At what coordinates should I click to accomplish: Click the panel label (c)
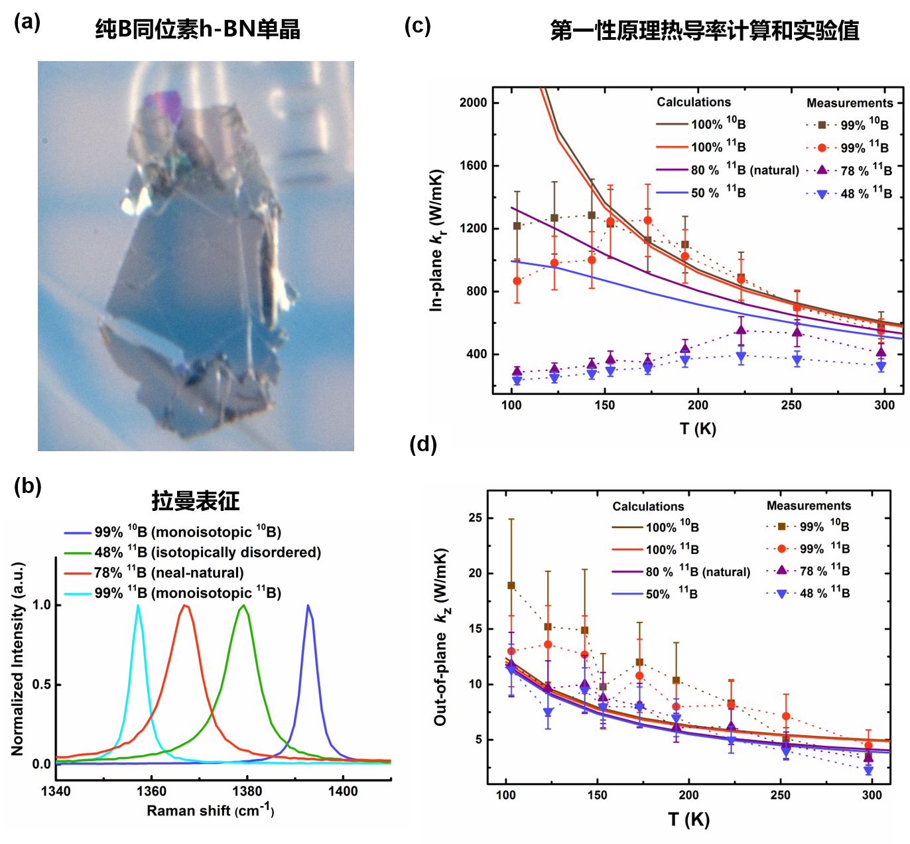[x=418, y=26]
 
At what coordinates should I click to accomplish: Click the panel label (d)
[x=423, y=444]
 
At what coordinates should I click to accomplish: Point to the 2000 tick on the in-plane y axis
[x=474, y=102]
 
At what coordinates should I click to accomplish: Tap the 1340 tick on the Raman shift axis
[x=56, y=791]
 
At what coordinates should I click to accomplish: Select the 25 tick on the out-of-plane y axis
[x=475, y=518]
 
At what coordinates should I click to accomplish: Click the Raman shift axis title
[x=210, y=810]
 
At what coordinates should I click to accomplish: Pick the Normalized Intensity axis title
[x=18, y=659]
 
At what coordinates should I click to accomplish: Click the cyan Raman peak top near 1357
[x=138, y=605]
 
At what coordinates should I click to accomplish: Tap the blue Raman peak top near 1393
[x=308, y=605]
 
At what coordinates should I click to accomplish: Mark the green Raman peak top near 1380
[x=244, y=605]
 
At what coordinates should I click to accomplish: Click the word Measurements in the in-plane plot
[x=850, y=103]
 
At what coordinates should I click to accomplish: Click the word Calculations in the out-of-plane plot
[x=648, y=506]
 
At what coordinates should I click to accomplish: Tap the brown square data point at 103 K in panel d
[x=511, y=585]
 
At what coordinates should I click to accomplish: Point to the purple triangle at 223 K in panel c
[x=741, y=329]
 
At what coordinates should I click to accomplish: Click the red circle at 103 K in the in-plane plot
[x=517, y=281]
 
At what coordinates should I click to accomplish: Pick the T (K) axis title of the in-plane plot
[x=698, y=429]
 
